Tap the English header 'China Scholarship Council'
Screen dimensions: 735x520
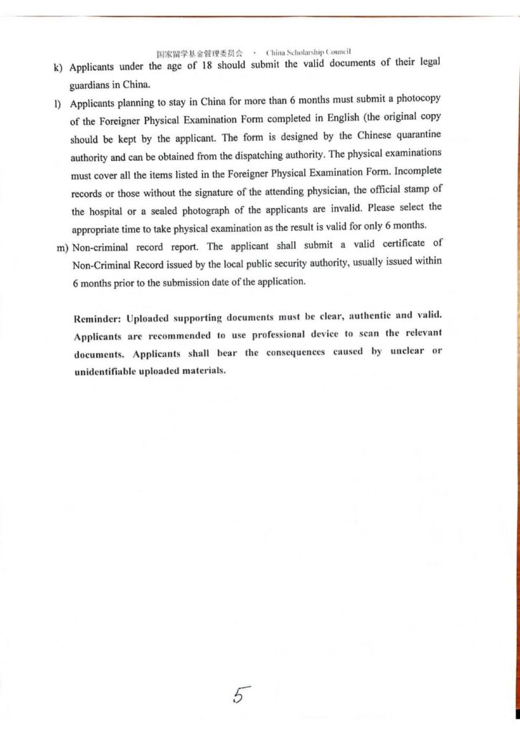coord(308,53)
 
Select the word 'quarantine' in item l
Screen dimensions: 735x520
coord(415,136)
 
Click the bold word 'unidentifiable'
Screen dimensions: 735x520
coord(109,371)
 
